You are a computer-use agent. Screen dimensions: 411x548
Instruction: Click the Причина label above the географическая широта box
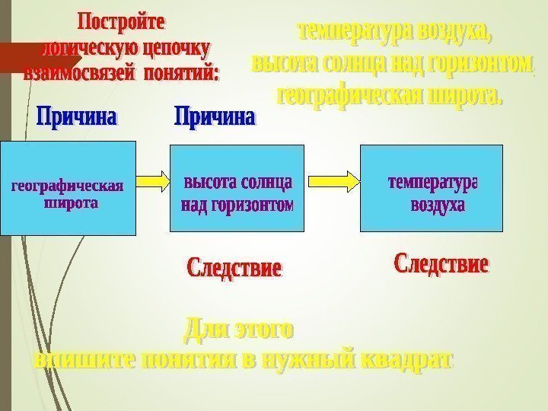click(78, 118)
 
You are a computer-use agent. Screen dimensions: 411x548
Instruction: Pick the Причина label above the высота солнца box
click(215, 118)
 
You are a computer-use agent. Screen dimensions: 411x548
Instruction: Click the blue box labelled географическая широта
click(67, 188)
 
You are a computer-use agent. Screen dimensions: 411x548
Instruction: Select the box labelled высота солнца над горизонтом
click(236, 188)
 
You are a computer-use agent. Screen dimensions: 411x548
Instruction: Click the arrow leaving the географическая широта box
click(152, 181)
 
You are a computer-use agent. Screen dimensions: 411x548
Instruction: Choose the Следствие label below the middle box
click(234, 268)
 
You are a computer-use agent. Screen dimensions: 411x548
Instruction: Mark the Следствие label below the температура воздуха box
click(441, 266)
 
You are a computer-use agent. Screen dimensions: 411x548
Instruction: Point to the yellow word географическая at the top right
click(352, 97)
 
